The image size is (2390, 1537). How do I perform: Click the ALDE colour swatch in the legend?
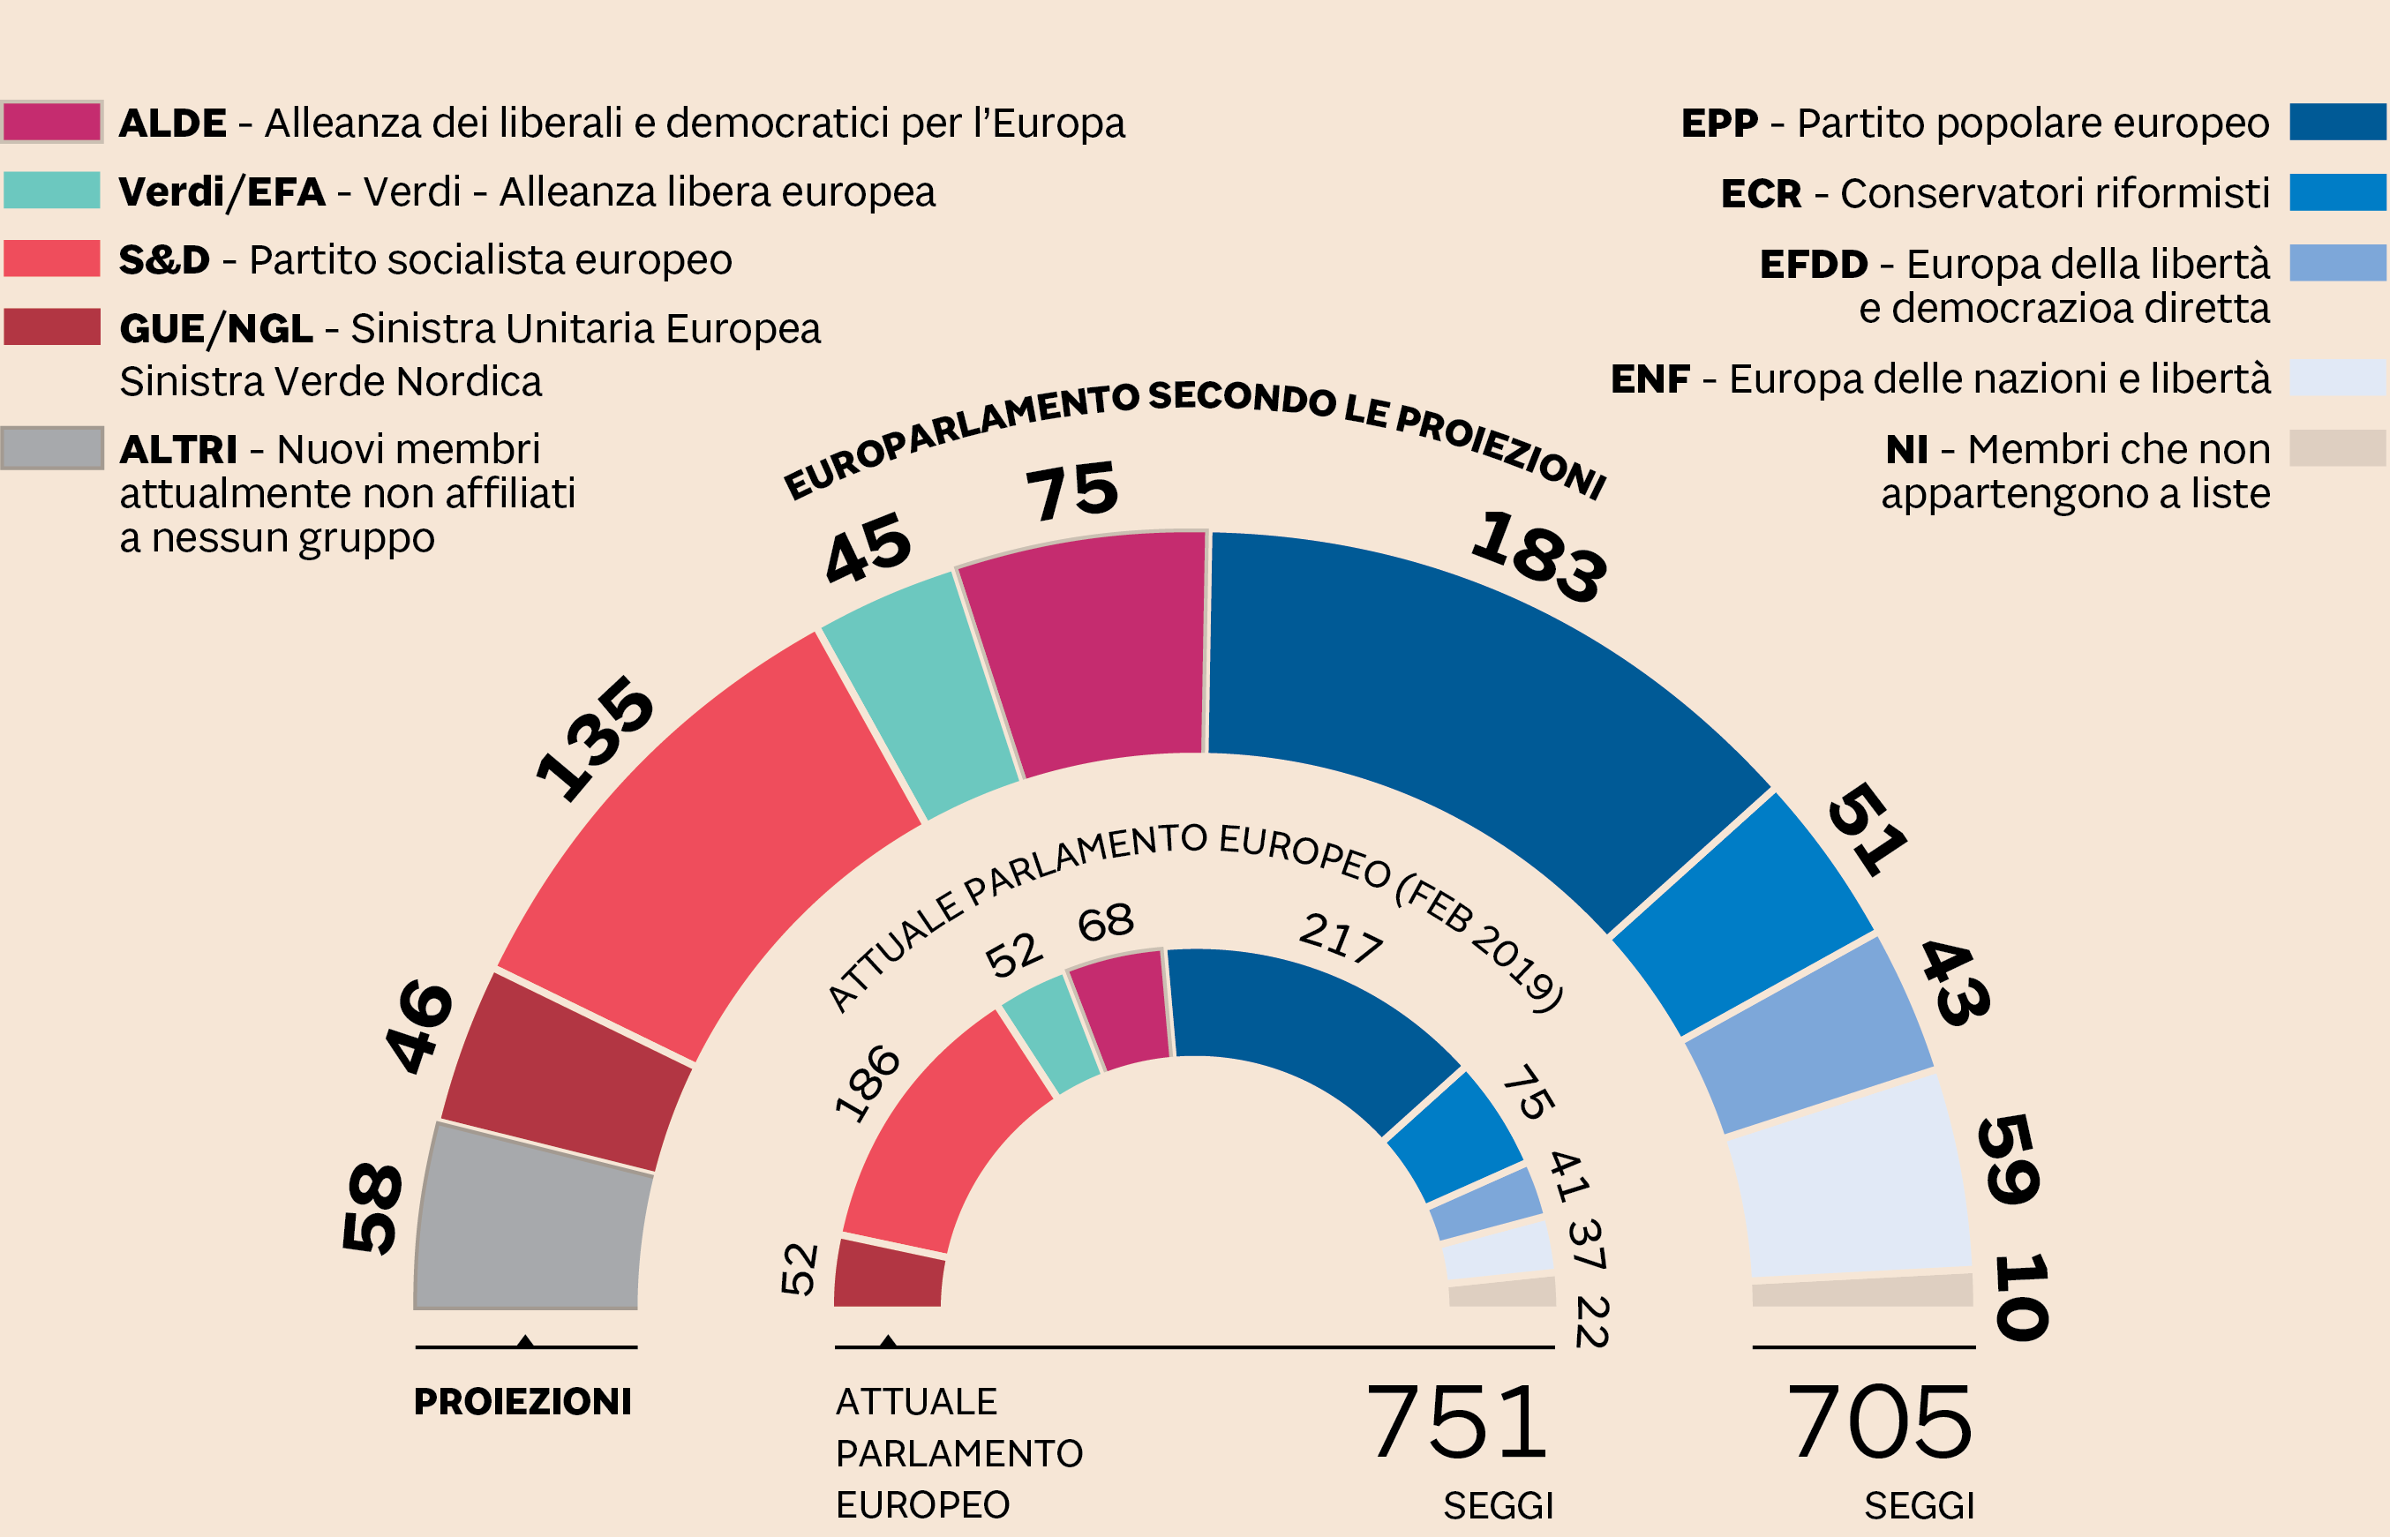coord(52,122)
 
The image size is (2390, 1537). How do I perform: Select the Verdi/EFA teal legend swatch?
coord(52,191)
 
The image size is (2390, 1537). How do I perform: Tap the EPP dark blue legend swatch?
coord(2337,122)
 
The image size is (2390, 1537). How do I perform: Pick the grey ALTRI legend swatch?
coord(52,448)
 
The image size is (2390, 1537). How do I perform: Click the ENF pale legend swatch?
coord(2337,378)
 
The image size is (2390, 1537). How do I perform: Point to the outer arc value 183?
coord(1538,556)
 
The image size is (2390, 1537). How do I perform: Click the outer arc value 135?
coord(595,739)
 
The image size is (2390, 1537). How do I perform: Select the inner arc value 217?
coord(1341,938)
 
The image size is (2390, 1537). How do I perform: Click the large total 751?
coord(1456,1421)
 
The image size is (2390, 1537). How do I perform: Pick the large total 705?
coord(1880,1421)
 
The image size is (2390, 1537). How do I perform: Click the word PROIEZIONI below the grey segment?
coord(522,1402)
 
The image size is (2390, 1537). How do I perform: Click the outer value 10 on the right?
coord(2022,1298)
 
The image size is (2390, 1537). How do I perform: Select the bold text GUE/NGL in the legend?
coord(215,328)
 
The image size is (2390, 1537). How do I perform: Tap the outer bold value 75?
coord(1072,491)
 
